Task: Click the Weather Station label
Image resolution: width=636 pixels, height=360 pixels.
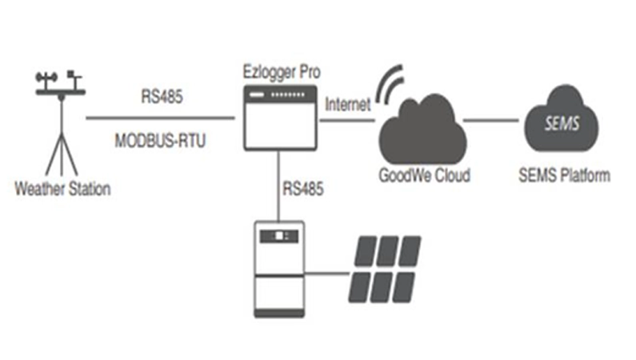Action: (x=62, y=190)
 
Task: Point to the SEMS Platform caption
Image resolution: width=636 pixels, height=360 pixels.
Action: (x=564, y=174)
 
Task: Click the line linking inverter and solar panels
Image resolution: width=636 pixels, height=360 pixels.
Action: (x=328, y=277)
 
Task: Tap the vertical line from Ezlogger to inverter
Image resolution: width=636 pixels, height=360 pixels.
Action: (x=279, y=184)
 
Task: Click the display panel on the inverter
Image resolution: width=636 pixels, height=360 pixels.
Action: (x=279, y=236)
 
